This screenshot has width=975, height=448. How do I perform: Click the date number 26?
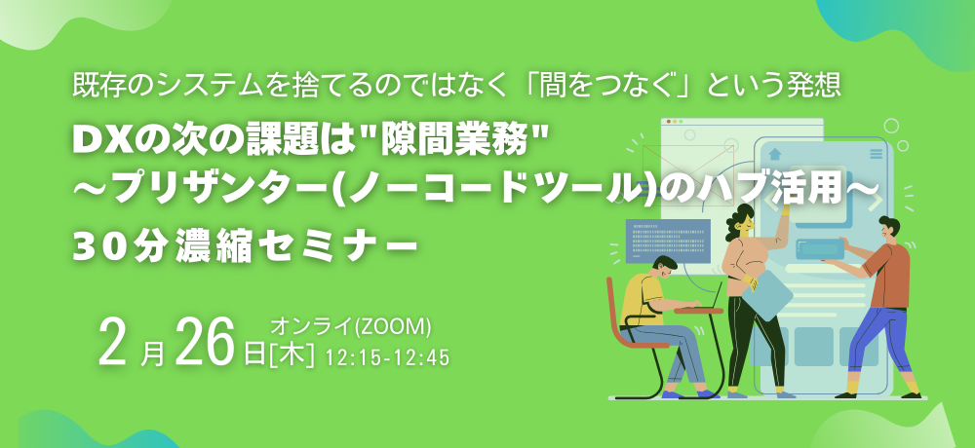[207, 344]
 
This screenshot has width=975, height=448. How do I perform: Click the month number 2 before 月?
[115, 344]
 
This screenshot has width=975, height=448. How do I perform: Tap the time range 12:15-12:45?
[388, 358]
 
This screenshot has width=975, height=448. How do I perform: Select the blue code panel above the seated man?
[667, 240]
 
